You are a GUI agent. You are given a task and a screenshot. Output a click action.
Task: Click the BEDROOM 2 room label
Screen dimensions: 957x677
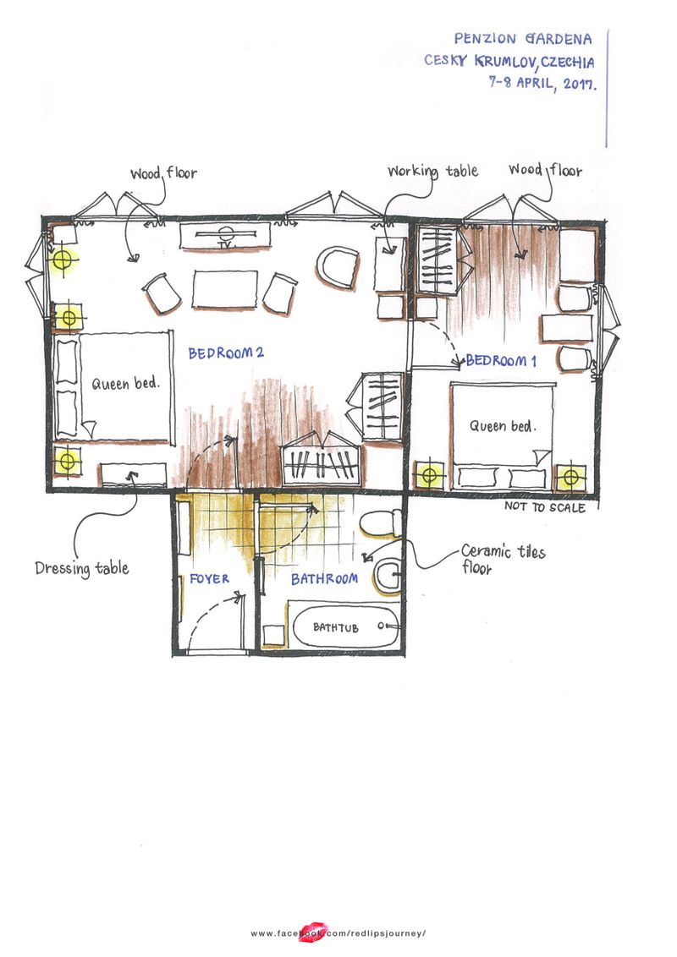coord(226,353)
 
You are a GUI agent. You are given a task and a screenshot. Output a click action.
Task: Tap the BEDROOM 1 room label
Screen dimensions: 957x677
coord(501,361)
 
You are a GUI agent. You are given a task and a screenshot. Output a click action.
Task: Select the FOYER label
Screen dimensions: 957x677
coord(210,580)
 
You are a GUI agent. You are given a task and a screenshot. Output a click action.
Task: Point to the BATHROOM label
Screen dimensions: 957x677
coord(324,580)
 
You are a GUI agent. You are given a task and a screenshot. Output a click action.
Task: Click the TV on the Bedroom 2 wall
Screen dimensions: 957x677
coord(225,237)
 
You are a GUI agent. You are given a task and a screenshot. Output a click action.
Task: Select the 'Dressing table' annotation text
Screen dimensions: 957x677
coord(82,568)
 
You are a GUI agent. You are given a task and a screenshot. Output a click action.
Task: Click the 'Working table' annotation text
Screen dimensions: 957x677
coord(432,172)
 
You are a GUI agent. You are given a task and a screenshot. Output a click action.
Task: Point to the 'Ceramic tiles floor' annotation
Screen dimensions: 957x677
coord(503,560)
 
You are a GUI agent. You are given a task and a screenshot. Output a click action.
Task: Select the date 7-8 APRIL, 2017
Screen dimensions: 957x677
coord(541,84)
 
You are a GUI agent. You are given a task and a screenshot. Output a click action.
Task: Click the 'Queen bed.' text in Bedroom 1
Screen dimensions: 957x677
coord(503,426)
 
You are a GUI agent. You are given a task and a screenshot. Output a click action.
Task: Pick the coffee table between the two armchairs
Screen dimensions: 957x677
coord(224,289)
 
